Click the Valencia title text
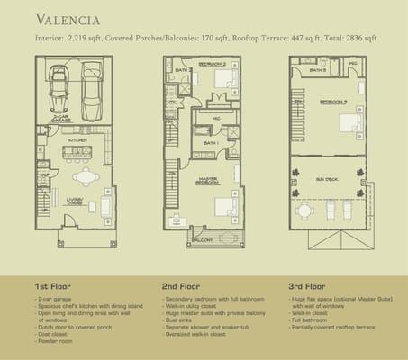(x=68, y=19)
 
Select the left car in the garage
(x=59, y=86)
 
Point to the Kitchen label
(x=77, y=140)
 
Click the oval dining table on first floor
(x=86, y=175)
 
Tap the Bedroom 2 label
(x=213, y=65)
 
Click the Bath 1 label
(x=210, y=143)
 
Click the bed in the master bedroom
(x=225, y=206)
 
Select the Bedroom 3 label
(x=332, y=102)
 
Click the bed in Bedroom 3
(x=350, y=121)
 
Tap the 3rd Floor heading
(x=309, y=285)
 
